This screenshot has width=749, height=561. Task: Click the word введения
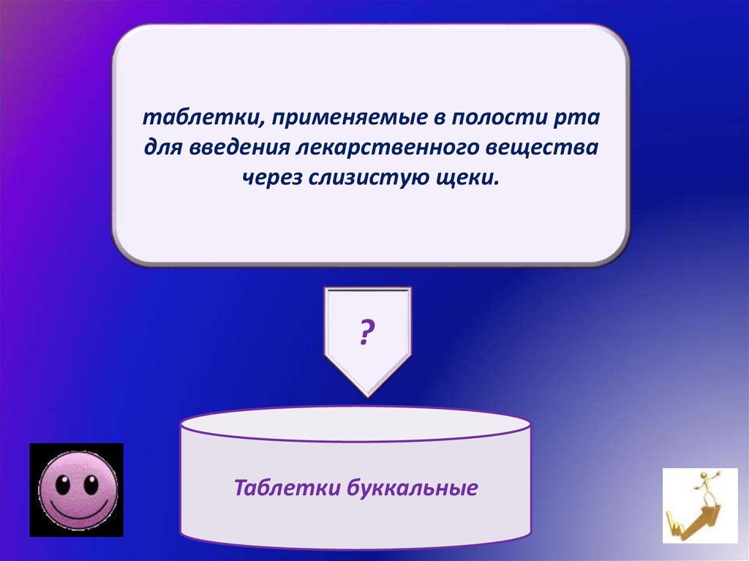click(239, 148)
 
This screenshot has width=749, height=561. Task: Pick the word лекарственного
click(387, 148)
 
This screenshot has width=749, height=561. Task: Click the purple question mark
click(366, 333)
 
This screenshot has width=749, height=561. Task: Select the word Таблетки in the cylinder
click(287, 488)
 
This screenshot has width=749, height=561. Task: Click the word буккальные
click(413, 488)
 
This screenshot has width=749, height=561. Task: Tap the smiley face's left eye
click(63, 484)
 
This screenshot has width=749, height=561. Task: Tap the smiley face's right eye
click(91, 484)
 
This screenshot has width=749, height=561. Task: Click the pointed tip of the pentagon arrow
click(368, 396)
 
